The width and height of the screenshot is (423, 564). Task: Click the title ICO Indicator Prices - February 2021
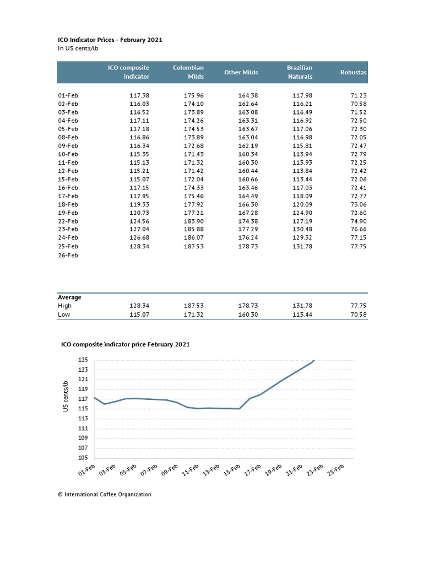(110, 40)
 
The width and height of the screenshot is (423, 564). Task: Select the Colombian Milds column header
(188, 72)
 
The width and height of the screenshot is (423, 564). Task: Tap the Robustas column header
(354, 72)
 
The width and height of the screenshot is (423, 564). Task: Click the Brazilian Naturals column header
(300, 72)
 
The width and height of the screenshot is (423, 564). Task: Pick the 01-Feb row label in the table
(68, 95)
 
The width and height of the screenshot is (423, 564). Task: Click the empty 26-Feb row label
(68, 256)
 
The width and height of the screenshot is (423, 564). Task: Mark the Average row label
(69, 297)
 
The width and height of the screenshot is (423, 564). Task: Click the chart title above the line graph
(125, 344)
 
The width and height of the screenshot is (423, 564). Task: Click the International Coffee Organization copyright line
(104, 495)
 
